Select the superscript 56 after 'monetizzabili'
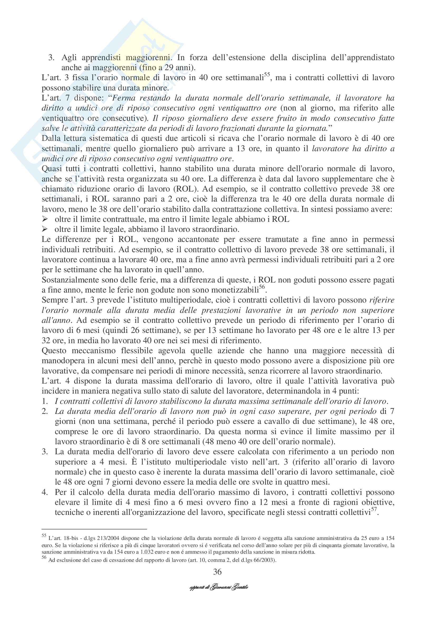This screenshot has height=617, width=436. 262,287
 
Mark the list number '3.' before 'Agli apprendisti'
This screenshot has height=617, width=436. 51,58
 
